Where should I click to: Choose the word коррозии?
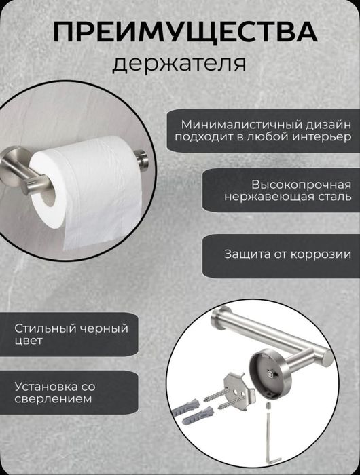click(x=322, y=254)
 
